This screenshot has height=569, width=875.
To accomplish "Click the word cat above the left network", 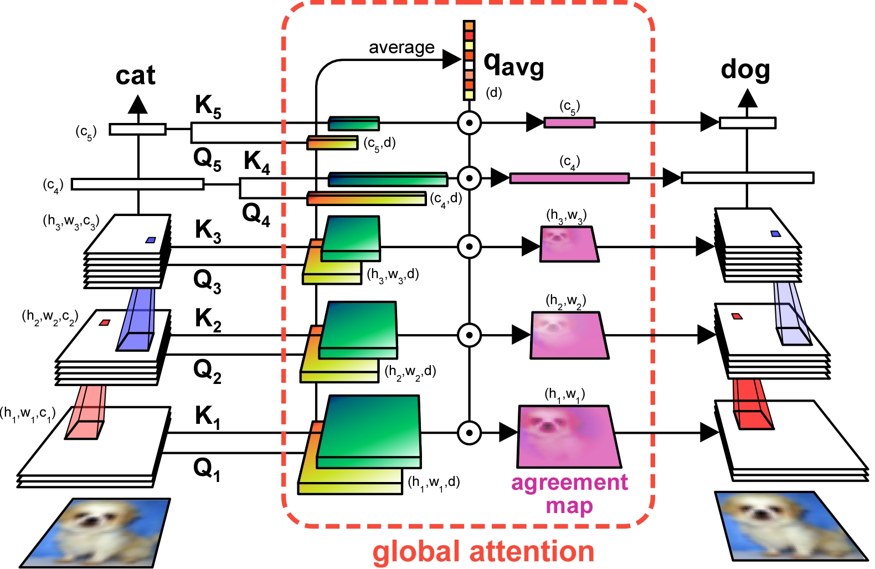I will pyautogui.click(x=135, y=76).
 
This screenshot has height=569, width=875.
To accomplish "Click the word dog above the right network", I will pyautogui.click(x=745, y=70).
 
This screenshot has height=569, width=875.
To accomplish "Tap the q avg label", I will pyautogui.click(x=513, y=65).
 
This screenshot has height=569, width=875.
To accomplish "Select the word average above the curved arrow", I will pyautogui.click(x=402, y=48).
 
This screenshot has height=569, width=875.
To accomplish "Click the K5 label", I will pyautogui.click(x=208, y=105).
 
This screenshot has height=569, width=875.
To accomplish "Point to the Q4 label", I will pyautogui.click(x=256, y=214).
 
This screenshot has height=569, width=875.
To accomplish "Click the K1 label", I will pyautogui.click(x=208, y=417).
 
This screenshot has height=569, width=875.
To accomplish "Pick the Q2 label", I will pyautogui.click(x=207, y=370).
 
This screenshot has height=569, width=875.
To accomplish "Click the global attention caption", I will pyautogui.click(x=483, y=552).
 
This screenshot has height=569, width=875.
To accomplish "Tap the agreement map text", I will pyautogui.click(x=569, y=494).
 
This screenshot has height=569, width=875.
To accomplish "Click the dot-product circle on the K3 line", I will pyautogui.click(x=469, y=247).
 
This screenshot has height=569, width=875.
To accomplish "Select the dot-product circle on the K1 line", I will pyautogui.click(x=469, y=433).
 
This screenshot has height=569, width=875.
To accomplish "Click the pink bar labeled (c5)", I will pyautogui.click(x=569, y=122).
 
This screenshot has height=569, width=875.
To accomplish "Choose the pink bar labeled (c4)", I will pyautogui.click(x=569, y=178).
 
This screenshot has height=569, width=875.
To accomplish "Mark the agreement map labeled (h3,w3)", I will pyautogui.click(x=569, y=244).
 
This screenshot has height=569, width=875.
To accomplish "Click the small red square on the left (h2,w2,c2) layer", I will pyautogui.click(x=104, y=322).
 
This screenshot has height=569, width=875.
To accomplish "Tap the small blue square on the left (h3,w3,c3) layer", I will pyautogui.click(x=150, y=240).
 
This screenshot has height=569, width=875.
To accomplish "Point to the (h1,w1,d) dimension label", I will pyautogui.click(x=434, y=483).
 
